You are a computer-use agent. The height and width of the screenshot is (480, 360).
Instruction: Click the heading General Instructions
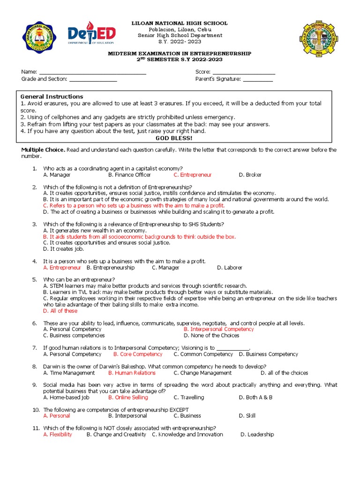(52, 97)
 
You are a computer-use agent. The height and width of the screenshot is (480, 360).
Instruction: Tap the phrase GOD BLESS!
(173, 139)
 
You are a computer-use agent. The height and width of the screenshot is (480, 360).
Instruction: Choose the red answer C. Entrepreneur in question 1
(192, 175)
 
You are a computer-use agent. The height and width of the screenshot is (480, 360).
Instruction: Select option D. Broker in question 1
(250, 175)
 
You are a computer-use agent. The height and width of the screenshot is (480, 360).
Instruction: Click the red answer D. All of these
(60, 311)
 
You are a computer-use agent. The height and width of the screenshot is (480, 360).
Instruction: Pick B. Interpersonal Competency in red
(218, 329)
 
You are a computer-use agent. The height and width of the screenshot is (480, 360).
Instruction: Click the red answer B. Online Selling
(128, 397)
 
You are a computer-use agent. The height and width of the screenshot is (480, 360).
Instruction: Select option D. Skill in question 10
(247, 416)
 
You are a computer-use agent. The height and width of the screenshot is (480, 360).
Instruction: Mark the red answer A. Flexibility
(58, 435)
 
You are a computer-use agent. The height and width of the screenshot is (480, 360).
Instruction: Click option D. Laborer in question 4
(229, 268)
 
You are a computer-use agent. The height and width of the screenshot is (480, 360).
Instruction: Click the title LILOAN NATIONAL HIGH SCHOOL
(180, 23)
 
